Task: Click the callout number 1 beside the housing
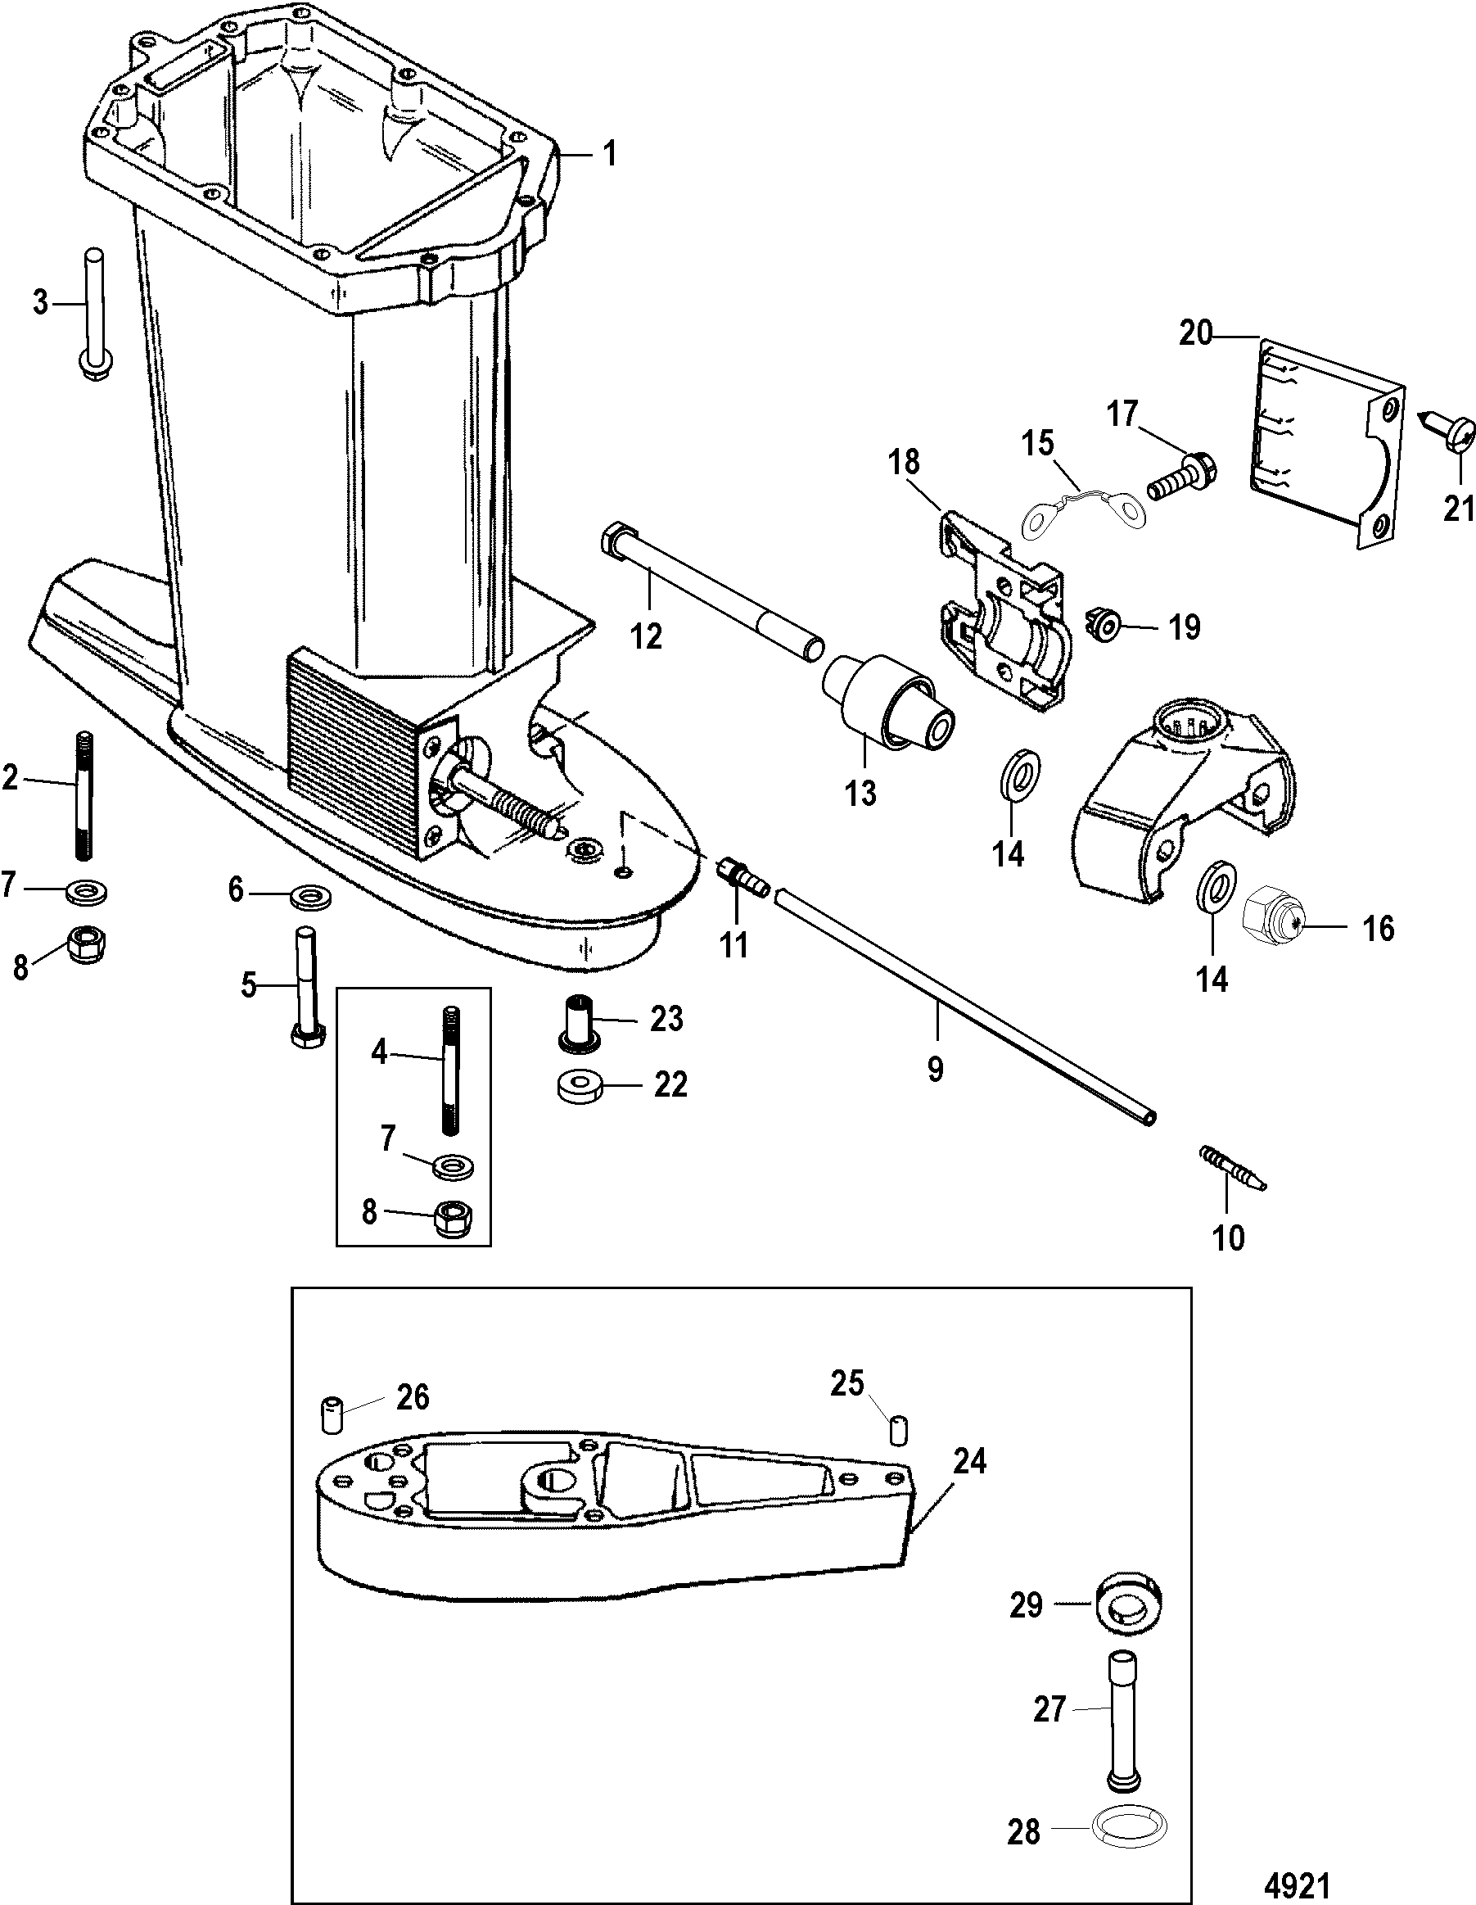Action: [609, 155]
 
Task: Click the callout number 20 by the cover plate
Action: [1195, 333]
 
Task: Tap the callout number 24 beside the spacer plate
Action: [968, 1460]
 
